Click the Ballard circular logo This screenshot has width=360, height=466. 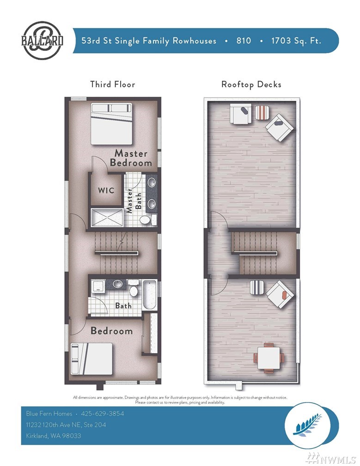click(42, 41)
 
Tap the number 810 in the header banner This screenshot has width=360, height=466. click(244, 40)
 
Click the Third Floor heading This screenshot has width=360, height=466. click(113, 85)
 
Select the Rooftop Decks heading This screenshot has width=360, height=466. click(251, 85)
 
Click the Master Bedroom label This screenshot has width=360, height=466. click(131, 158)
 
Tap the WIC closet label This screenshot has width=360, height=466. click(106, 190)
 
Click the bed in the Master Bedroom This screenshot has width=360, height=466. click(111, 124)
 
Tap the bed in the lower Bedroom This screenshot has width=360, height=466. click(92, 359)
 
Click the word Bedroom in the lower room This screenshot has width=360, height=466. click(112, 331)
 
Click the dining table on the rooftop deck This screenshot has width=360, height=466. click(268, 358)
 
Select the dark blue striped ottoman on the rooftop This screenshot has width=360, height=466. click(257, 288)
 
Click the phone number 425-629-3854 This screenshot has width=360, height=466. click(103, 413)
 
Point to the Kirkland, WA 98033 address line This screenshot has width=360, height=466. click(54, 435)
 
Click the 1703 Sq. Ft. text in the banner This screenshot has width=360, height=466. click(296, 41)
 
